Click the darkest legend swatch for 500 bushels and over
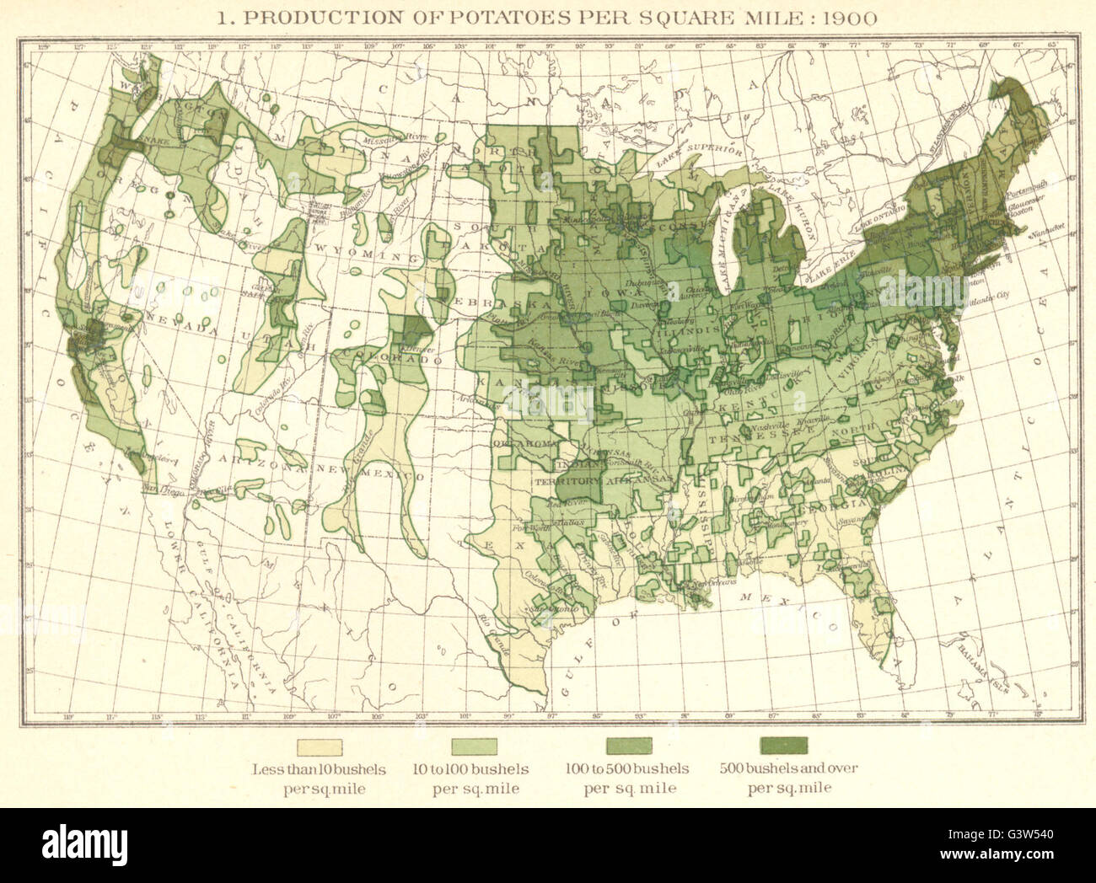pos(783,746)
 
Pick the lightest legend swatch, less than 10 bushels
pos(320,746)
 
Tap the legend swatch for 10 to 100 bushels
pos(475,746)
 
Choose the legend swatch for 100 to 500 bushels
pos(629,746)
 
